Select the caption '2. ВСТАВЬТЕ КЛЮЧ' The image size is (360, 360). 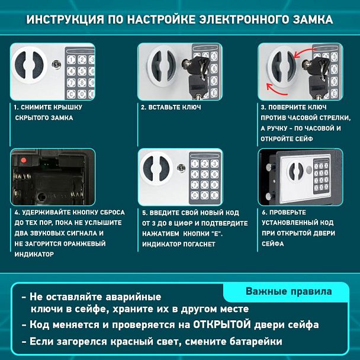(171, 107)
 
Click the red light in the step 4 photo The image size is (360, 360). (24, 160)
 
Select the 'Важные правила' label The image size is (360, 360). (288, 291)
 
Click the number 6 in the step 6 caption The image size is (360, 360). (263, 212)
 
